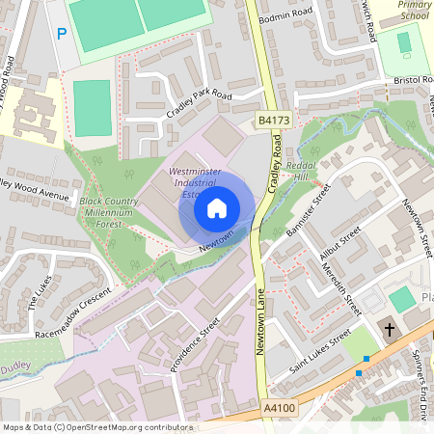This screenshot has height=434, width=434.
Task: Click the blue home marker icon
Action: [x=217, y=206]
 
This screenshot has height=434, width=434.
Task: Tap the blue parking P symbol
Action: [x=62, y=35]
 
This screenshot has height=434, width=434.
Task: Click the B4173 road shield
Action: [x=275, y=120]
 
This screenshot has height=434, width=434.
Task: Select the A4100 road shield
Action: [x=281, y=409]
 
